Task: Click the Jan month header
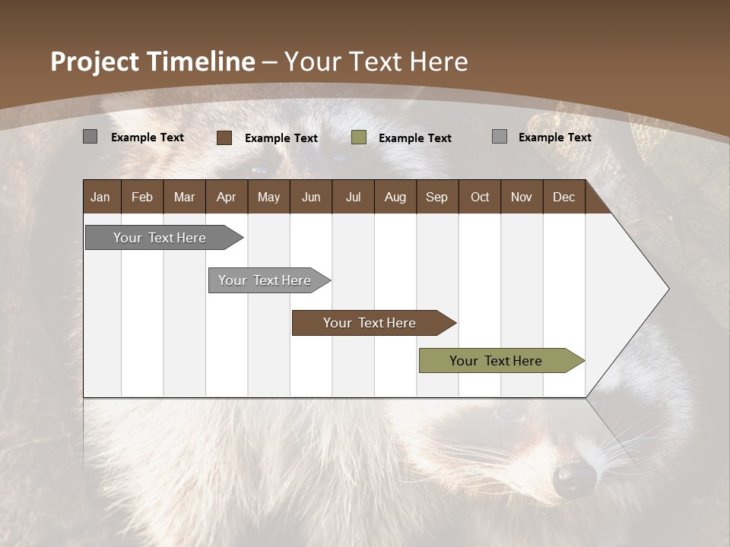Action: (100, 197)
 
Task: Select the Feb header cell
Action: (142, 197)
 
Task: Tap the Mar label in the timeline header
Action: (184, 197)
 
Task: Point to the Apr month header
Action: (227, 197)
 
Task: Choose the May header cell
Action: (268, 197)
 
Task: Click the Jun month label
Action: (311, 197)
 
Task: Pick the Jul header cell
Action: (353, 197)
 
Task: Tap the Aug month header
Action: (395, 197)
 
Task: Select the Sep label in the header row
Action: (436, 197)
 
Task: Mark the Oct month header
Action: (480, 197)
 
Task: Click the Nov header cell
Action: (522, 197)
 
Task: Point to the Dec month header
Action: (564, 197)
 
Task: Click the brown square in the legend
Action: (224, 138)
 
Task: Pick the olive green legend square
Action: (359, 138)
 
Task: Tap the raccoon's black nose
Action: (575, 479)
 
